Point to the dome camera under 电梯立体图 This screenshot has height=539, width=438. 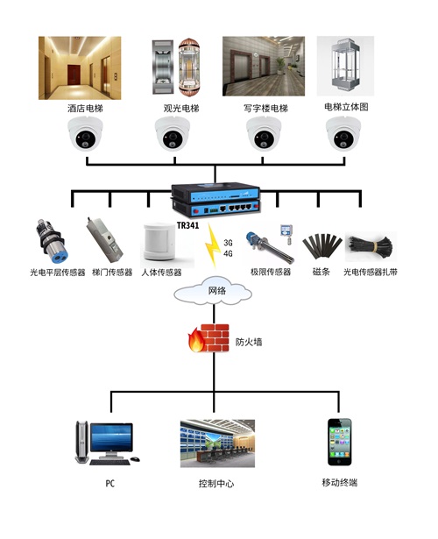coord(344,136)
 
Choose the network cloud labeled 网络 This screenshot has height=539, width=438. coord(217,291)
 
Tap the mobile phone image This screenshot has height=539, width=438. coord(341,442)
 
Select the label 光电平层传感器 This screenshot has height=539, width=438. coord(57,273)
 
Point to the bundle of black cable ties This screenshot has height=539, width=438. coord(371,246)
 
